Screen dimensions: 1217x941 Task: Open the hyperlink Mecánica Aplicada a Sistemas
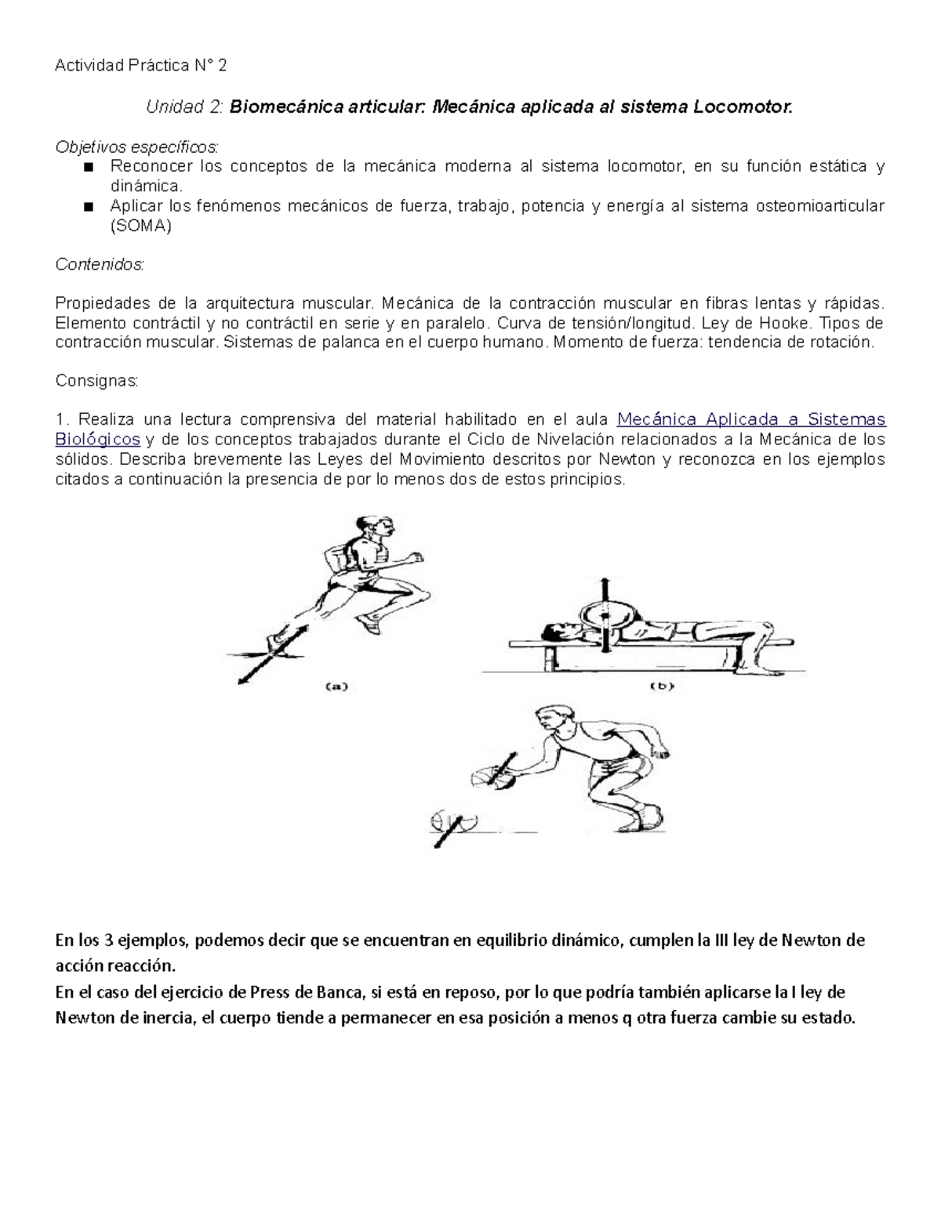[x=751, y=419]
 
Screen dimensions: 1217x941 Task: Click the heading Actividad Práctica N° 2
[x=140, y=66]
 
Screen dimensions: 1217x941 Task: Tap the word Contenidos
[x=100, y=265]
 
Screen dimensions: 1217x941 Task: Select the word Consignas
[x=96, y=381]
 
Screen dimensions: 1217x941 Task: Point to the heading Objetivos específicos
[x=137, y=147]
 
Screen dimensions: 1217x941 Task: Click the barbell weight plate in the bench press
[x=604, y=620]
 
